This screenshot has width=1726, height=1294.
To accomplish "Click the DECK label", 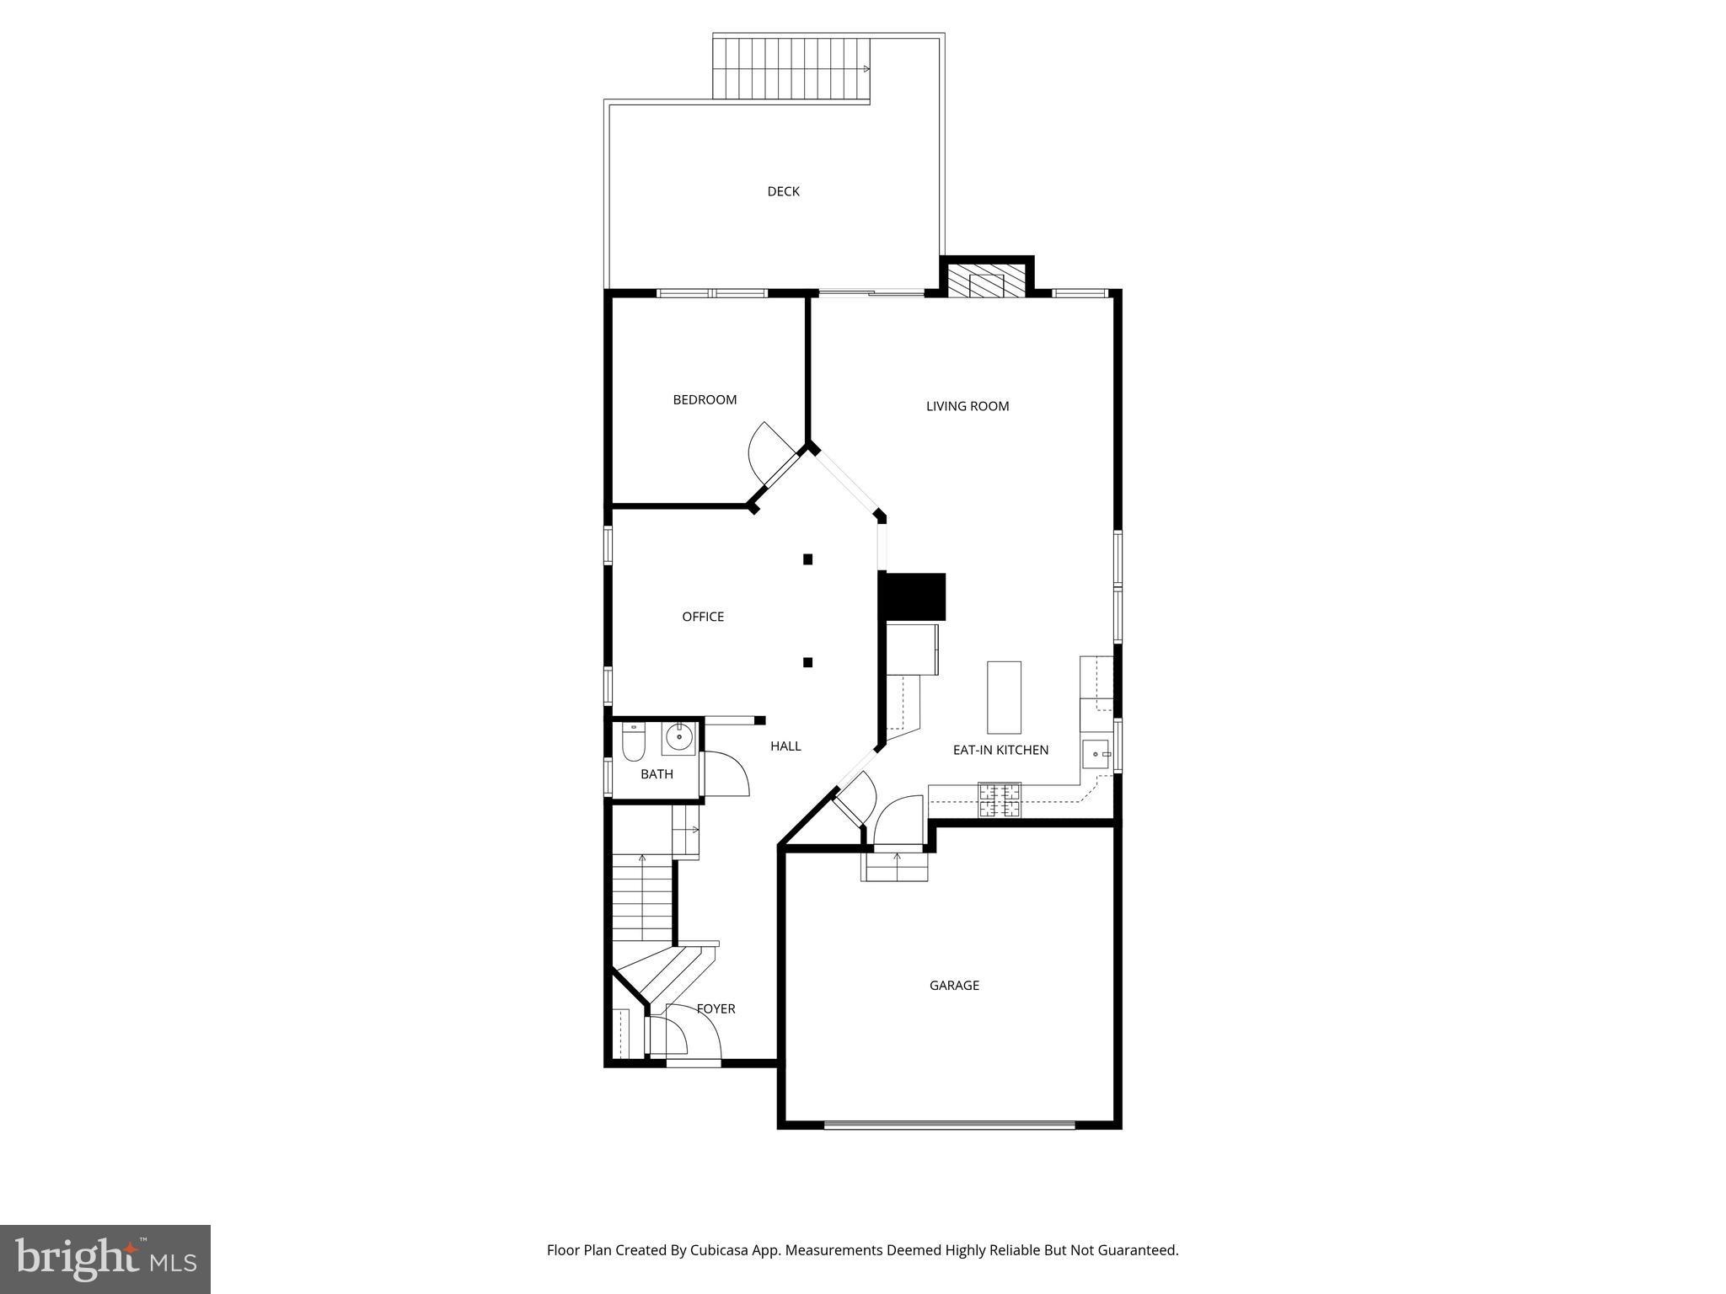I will tap(783, 191).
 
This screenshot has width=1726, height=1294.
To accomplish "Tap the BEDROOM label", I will tap(705, 399).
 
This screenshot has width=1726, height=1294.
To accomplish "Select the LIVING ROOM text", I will tap(967, 406).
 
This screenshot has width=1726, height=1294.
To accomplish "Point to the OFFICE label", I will tap(703, 617).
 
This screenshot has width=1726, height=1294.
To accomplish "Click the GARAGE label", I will tap(954, 985).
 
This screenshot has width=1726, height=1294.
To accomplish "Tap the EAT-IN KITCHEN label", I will tap(1000, 750).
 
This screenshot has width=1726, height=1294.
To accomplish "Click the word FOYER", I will tap(716, 1008).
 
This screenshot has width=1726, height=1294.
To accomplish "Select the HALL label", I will tap(785, 746).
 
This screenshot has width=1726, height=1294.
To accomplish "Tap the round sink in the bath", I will tap(678, 738).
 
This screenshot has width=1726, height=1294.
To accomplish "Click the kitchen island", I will tap(1004, 698).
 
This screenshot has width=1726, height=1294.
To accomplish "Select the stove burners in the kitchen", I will tap(999, 800).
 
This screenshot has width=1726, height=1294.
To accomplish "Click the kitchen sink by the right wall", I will tap(1095, 753).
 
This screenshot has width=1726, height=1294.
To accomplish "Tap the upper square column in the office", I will tap(807, 559).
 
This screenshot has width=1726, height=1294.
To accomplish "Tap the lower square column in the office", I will tap(807, 662).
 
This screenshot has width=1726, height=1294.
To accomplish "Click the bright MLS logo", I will tap(105, 1260).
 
